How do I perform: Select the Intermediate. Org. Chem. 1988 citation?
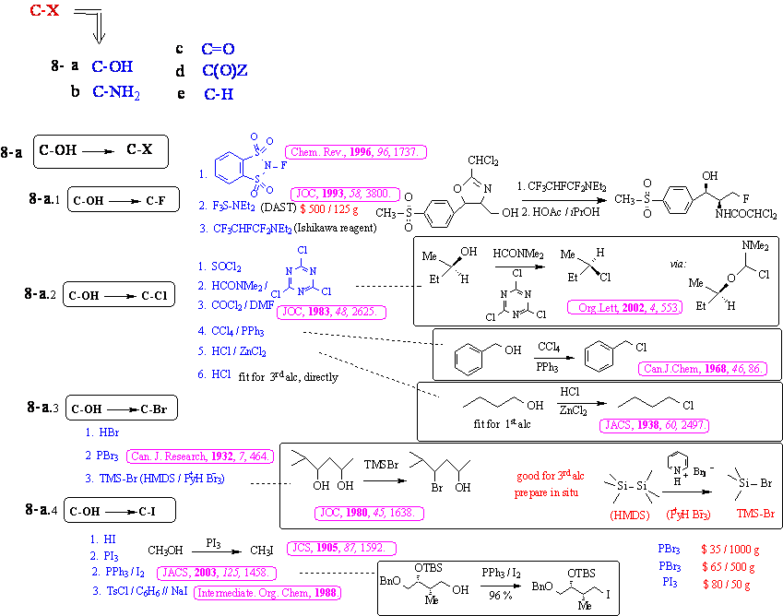(x=266, y=592)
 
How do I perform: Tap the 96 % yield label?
(x=502, y=596)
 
